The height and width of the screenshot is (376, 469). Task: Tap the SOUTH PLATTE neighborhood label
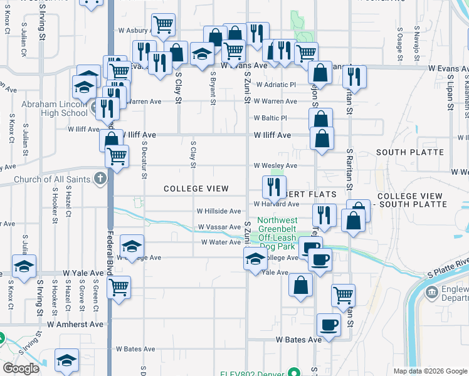click(x=409, y=152)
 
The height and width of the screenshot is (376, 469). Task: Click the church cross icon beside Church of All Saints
click(x=100, y=179)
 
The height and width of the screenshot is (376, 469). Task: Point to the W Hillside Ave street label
click(x=218, y=212)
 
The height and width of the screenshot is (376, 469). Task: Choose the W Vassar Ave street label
click(x=219, y=227)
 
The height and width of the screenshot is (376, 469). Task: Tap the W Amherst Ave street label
click(x=75, y=324)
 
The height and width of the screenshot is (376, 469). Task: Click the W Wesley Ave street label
click(x=275, y=166)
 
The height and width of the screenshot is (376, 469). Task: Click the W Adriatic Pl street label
click(x=275, y=84)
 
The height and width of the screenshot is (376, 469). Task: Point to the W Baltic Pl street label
click(x=270, y=118)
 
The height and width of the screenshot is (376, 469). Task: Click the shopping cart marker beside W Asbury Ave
click(x=163, y=25)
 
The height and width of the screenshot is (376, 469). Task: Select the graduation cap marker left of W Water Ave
click(x=132, y=247)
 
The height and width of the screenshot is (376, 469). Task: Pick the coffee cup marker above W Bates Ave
click(x=329, y=325)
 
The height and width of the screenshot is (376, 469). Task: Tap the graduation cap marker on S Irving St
click(x=23, y=268)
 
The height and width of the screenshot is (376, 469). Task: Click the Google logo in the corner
click(x=21, y=368)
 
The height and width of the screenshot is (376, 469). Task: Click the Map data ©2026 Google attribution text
click(x=429, y=371)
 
